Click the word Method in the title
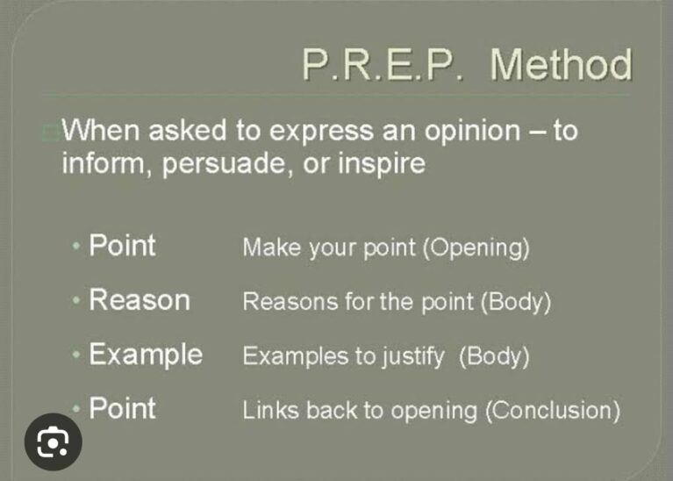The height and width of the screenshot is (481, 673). point(561,64)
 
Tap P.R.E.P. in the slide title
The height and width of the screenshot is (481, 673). point(383,64)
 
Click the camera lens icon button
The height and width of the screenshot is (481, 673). point(54,442)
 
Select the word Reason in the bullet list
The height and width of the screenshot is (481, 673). point(140,299)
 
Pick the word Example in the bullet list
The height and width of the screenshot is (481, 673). point(146,355)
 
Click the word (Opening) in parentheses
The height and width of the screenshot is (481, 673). point(476,248)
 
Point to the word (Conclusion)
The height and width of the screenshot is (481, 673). point(553,411)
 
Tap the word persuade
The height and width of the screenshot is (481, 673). point(224,164)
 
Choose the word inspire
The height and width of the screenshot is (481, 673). point(382,164)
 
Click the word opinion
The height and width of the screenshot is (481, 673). point(473,132)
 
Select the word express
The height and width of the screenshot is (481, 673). point(321,132)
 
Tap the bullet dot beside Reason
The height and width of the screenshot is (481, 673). point(76,300)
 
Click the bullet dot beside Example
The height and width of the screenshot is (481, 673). point(76,355)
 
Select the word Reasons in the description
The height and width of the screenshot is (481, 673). point(290,301)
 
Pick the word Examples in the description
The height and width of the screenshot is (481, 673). point(296,356)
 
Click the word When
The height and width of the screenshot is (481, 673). point(101,130)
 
